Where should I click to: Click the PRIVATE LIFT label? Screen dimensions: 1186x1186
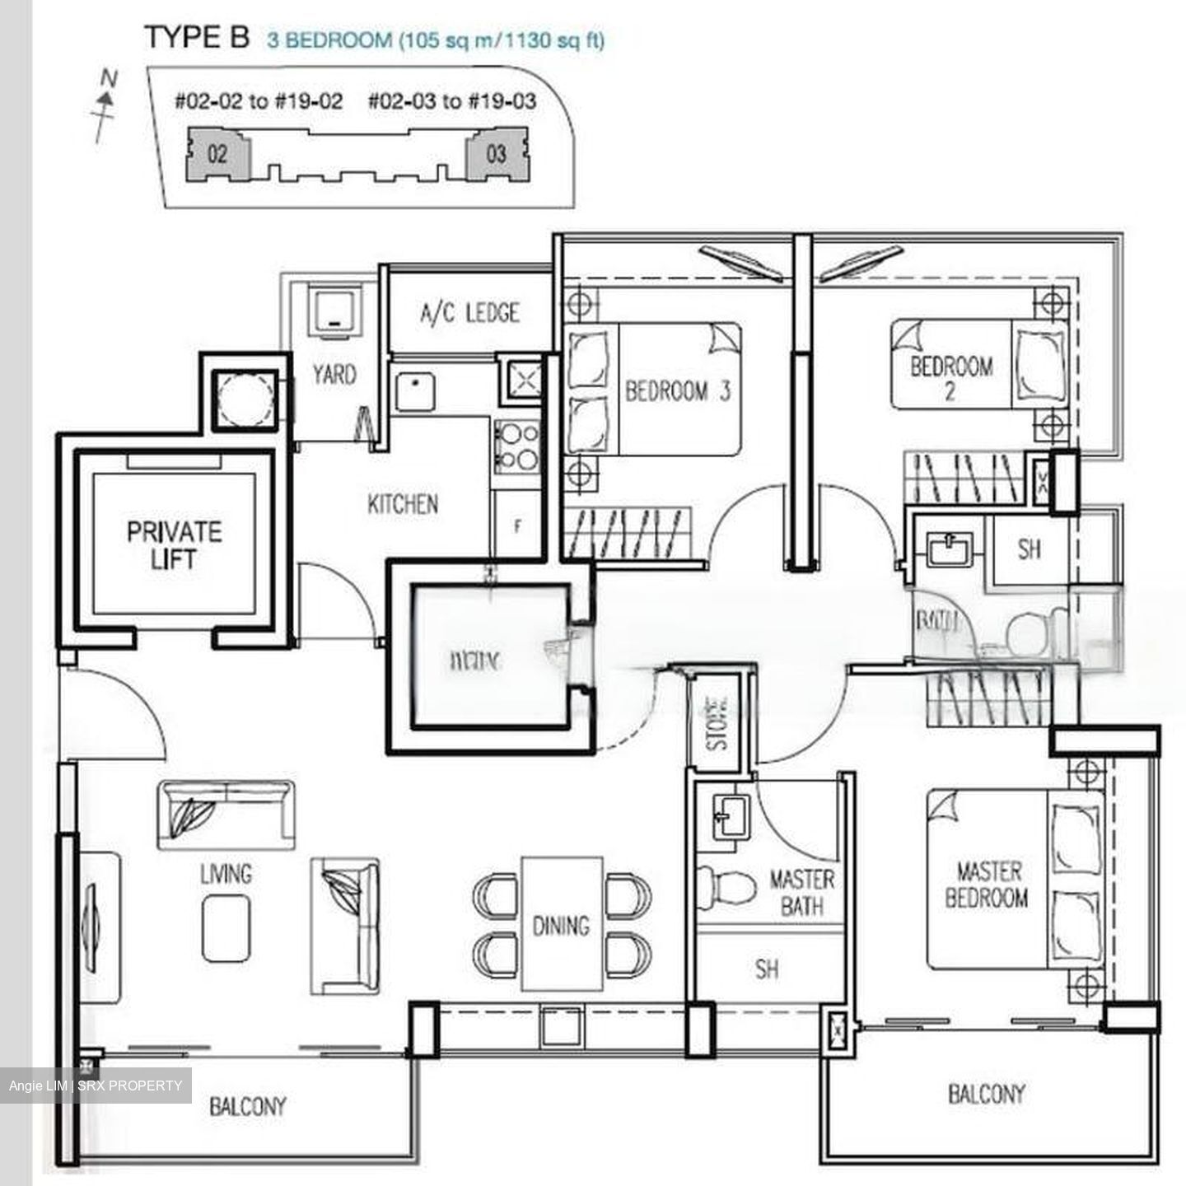point(174,545)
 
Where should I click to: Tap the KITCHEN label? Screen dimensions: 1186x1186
point(403,504)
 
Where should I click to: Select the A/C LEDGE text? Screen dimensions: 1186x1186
point(469,313)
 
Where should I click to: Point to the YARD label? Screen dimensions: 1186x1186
point(334,375)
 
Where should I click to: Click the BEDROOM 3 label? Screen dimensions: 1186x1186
point(677,390)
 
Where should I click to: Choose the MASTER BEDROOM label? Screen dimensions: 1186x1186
point(987,884)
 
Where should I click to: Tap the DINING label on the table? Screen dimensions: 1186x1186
point(561,926)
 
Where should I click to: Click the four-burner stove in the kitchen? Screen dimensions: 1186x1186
point(516,446)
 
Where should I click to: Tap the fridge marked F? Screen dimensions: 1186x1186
point(517,526)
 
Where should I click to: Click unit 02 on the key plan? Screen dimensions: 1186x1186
point(217,154)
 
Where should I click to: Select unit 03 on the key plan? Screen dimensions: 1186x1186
point(496,154)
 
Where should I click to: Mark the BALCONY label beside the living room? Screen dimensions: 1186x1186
point(247,1105)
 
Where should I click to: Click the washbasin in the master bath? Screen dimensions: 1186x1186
point(729,816)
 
